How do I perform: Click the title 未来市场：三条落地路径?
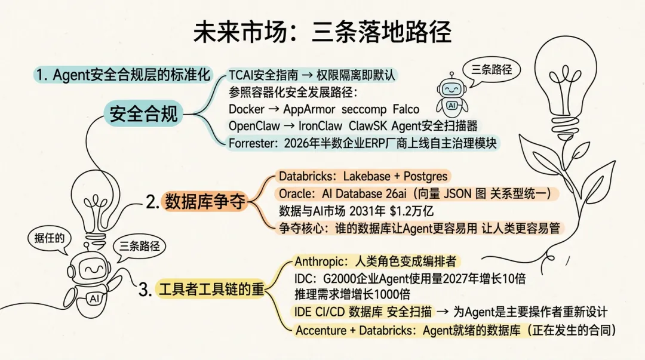(x=322, y=33)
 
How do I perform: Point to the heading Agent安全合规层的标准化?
(x=122, y=75)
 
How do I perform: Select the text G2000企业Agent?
(x=362, y=278)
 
